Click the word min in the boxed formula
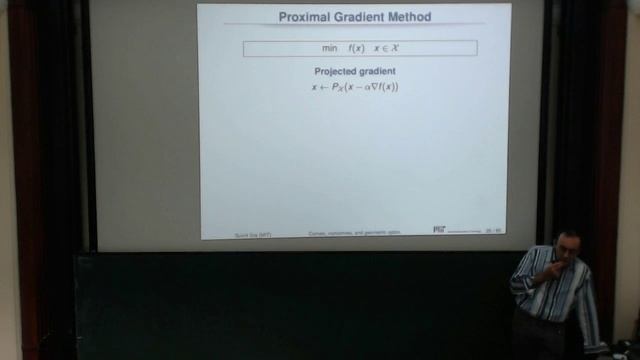tap(330, 48)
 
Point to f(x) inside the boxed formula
tap(357, 48)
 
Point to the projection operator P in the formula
tap(337, 88)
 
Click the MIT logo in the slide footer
tap(439, 229)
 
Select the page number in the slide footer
tap(492, 230)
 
